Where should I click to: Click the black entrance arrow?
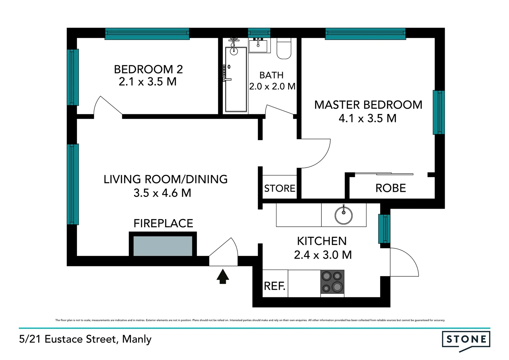pos(223,277)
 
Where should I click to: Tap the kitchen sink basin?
pos(343,215)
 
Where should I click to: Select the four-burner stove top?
pos(332,282)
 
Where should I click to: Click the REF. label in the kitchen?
pos(274,286)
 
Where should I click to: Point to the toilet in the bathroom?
pos(284,49)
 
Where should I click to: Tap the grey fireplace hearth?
pos(163,246)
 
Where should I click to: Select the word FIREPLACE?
pos(163,223)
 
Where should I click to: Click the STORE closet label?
pos(279,189)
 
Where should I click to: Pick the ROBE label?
pos(390,188)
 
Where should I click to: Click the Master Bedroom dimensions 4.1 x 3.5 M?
pos(367,118)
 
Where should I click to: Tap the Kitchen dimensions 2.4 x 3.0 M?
pos(323,255)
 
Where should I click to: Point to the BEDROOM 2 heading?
pos(148,69)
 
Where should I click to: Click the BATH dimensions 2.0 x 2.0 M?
pos(272,87)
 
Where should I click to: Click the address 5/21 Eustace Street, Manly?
pos(85,339)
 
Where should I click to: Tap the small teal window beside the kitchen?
pos(384,229)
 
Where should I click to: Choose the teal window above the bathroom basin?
pos(259,33)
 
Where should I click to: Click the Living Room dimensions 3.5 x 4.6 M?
pos(162,193)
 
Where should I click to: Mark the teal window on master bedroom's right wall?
pos(439,112)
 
